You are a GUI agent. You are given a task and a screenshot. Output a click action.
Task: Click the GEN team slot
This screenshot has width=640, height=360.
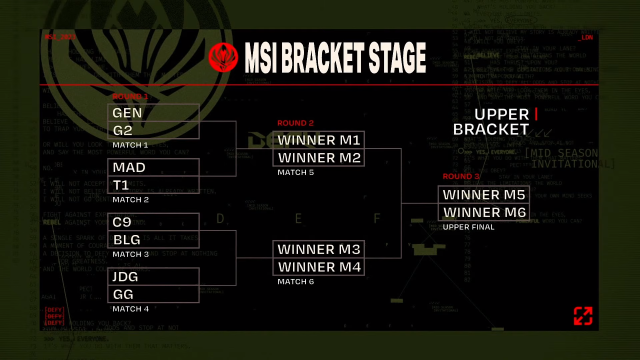tap(153, 113)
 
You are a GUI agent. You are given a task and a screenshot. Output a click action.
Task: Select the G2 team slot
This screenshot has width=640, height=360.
tap(153, 130)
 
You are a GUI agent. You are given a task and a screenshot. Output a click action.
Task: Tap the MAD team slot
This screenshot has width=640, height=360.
tap(153, 167)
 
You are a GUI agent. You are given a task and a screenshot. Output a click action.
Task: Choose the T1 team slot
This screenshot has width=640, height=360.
tap(153, 185)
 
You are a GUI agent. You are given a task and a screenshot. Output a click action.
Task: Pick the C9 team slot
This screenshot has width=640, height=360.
tap(153, 222)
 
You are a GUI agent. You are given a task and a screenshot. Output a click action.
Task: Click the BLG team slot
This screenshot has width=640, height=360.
tap(153, 240)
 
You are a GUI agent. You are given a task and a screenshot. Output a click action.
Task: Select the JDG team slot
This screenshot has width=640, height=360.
tap(153, 277)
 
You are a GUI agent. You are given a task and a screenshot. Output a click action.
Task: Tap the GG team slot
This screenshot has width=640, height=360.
tap(153, 295)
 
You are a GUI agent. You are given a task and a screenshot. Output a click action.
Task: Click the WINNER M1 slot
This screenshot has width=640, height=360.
tap(318, 140)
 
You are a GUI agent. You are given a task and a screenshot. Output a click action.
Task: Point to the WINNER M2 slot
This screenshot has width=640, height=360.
tap(318, 157)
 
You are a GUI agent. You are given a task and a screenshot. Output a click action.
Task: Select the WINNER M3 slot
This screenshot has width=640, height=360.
tap(318, 249)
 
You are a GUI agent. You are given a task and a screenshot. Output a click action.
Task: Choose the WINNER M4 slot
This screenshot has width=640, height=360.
tap(318, 267)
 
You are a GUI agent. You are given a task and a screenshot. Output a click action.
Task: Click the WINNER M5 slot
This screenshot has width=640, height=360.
tap(484, 194)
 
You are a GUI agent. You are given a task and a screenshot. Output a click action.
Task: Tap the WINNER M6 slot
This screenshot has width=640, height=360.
tap(484, 212)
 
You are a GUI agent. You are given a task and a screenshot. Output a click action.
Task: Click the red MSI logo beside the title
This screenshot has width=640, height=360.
tap(223, 55)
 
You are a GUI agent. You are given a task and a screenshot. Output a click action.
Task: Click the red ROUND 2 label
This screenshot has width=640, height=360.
tap(295, 123)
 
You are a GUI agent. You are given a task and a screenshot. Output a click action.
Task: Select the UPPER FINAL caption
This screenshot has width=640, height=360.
tap(462, 227)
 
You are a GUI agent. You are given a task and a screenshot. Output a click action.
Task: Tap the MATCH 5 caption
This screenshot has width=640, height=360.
tap(296, 172)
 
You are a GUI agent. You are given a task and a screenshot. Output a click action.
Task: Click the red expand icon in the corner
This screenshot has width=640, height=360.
tap(583, 317)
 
